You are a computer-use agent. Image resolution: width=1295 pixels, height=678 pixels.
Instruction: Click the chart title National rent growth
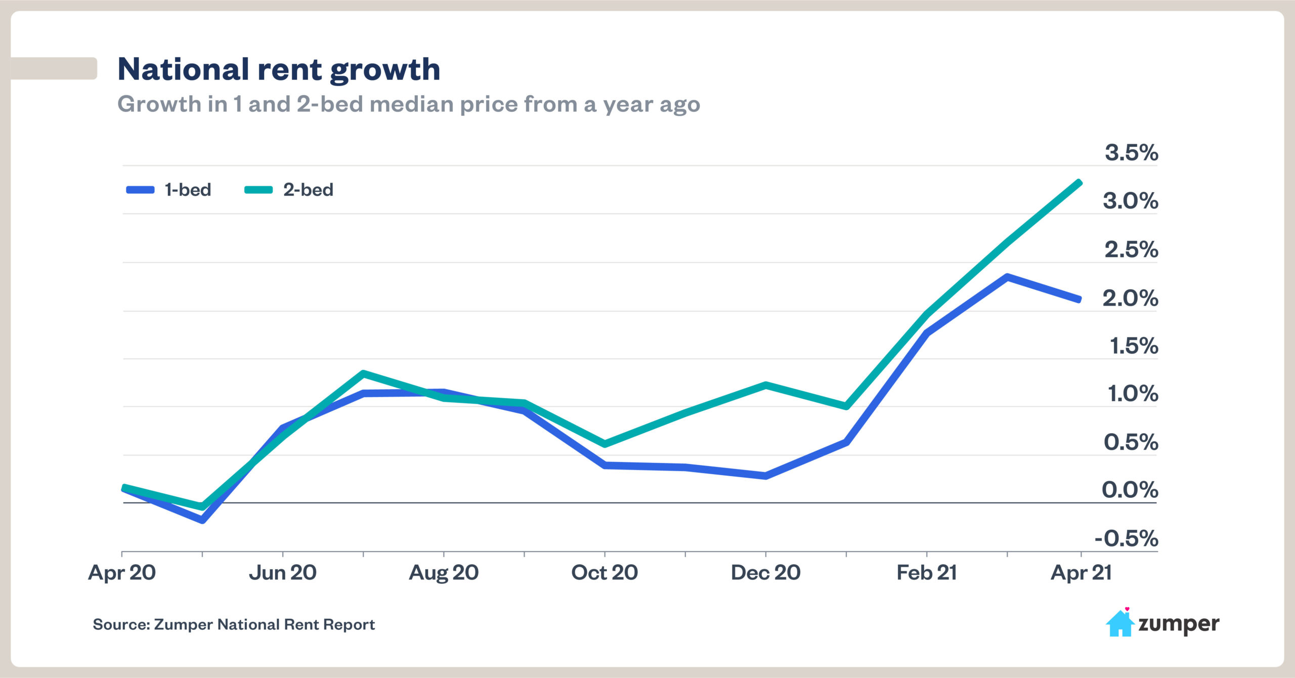click(x=279, y=69)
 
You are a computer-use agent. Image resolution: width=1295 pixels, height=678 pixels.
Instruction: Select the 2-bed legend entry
click(x=289, y=190)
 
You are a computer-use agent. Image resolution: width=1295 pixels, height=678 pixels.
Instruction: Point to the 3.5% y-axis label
click(x=1131, y=152)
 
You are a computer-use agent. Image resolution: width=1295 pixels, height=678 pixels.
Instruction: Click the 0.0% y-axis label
click(x=1130, y=490)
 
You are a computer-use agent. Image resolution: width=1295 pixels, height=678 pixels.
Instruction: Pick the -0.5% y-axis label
click(x=1126, y=538)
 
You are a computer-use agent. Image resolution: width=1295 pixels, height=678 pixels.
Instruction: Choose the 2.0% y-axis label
click(x=1130, y=298)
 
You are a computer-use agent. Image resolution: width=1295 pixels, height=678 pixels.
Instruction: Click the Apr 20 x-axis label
click(x=122, y=573)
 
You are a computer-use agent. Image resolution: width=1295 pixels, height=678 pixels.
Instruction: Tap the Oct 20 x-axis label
click(x=605, y=573)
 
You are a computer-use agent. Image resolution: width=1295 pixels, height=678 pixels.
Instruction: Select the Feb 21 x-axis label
click(x=927, y=573)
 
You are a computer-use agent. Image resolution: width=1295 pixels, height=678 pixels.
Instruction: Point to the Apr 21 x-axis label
click(x=1081, y=573)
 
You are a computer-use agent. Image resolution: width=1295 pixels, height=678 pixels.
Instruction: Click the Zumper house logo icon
click(x=1119, y=623)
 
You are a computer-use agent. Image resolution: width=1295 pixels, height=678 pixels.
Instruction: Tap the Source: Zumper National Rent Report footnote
click(x=234, y=624)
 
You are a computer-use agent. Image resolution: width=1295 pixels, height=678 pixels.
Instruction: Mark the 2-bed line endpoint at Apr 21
click(x=1080, y=183)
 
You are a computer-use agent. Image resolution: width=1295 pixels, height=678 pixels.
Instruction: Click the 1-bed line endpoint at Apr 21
click(x=1080, y=300)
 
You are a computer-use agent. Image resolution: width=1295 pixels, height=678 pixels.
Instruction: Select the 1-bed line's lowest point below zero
click(x=202, y=520)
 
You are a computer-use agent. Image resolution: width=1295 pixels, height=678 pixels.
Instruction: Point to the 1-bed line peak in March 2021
click(x=1007, y=277)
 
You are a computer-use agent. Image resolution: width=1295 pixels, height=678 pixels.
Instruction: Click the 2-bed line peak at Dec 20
click(x=766, y=385)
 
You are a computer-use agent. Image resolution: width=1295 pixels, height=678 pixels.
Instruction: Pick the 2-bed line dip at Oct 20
click(x=605, y=444)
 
